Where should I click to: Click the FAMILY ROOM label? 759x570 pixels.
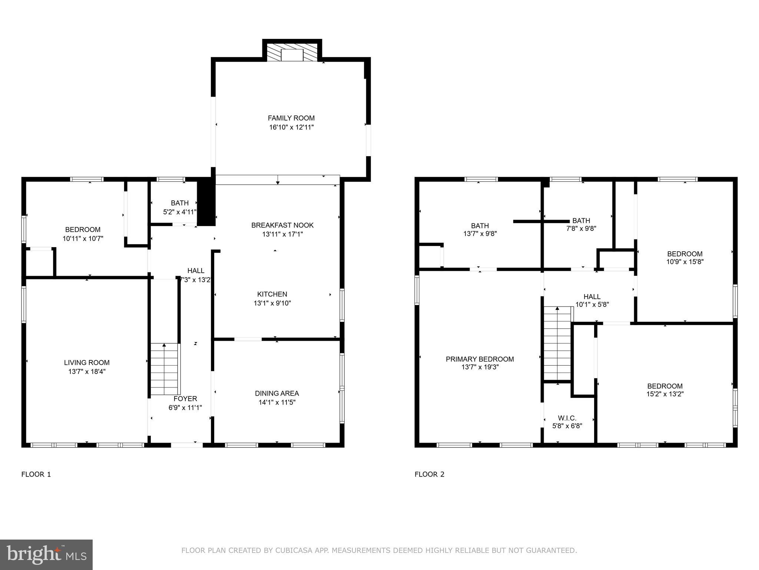(291, 118)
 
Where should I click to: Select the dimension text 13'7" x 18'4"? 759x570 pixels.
(87, 371)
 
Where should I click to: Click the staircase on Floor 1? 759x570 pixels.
(165, 369)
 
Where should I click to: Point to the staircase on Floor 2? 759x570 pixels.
(557, 343)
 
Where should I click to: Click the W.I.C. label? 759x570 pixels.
(567, 418)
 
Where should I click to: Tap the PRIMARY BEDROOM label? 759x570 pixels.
(480, 359)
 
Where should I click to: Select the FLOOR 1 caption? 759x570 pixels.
(36, 474)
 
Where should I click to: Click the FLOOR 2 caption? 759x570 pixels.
(429, 474)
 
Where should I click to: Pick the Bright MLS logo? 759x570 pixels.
(46, 554)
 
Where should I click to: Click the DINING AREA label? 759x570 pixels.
(277, 393)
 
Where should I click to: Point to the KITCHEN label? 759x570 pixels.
(272, 294)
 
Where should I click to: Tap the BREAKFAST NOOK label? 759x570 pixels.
(282, 225)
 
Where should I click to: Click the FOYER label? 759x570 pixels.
(185, 399)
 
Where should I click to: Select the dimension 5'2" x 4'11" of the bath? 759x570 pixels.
(180, 212)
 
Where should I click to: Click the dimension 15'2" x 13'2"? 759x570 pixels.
(665, 394)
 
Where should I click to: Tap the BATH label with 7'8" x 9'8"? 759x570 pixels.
(581, 220)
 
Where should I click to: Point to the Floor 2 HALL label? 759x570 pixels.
(592, 297)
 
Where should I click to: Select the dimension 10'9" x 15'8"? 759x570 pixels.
(685, 262)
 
